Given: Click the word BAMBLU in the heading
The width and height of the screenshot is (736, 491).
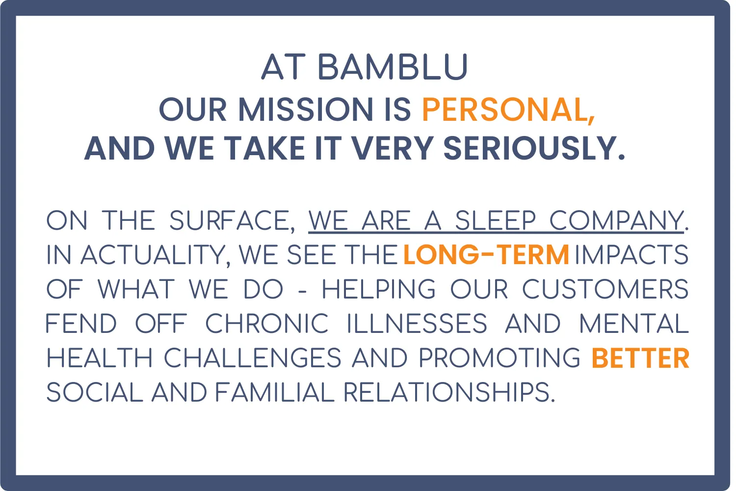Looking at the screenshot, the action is [x=393, y=67].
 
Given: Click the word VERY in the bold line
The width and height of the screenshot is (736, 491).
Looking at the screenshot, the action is [x=393, y=148].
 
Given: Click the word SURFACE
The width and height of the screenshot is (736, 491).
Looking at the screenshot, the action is [x=229, y=220].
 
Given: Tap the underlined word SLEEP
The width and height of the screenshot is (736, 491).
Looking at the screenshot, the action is [x=496, y=220].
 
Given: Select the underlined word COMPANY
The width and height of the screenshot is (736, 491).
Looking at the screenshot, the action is [x=616, y=220].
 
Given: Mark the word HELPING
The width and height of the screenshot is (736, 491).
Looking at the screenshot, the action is [x=378, y=289].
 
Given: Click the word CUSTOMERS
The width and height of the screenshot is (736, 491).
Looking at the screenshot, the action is [x=605, y=289].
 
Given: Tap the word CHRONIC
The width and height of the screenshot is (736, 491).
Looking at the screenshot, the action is [x=267, y=323].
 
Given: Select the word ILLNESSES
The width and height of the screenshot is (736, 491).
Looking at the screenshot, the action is [x=417, y=323].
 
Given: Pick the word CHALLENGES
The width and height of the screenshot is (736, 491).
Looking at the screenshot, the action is [x=252, y=358].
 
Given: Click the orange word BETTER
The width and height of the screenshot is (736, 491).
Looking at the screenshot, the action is [x=640, y=358].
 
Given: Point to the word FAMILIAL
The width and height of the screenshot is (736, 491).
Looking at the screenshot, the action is [x=275, y=392].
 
